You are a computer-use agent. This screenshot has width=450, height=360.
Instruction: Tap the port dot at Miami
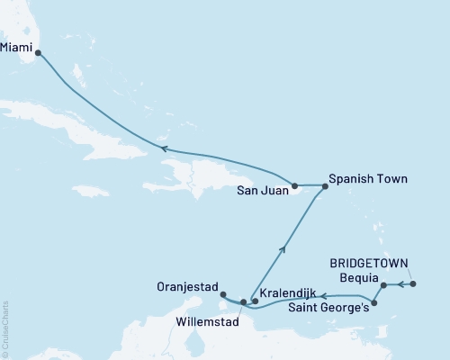(x=38, y=53)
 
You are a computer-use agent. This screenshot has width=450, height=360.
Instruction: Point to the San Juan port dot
(x=294, y=185)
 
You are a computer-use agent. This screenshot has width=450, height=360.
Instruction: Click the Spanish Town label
(x=368, y=179)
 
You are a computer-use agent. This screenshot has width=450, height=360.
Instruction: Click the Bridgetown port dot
(x=413, y=284)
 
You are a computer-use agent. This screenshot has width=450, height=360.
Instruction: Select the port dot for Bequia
(x=383, y=285)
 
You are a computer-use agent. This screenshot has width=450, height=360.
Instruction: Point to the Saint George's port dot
(x=373, y=303)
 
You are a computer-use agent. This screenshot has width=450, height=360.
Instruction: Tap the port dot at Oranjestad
(x=222, y=293)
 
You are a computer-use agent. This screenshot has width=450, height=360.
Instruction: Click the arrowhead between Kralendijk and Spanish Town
(x=284, y=240)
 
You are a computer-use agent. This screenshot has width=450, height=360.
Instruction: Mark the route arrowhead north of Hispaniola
(x=164, y=148)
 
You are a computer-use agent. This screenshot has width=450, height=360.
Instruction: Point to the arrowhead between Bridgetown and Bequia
(x=398, y=284)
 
